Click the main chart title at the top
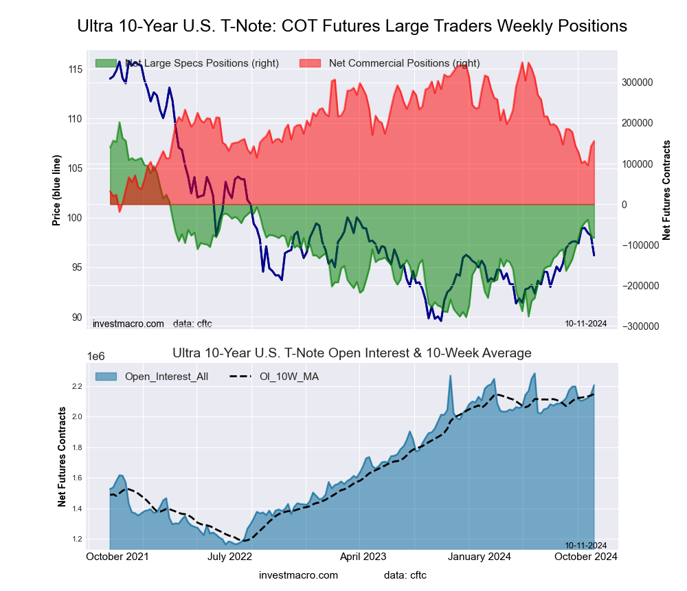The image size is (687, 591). [352, 26]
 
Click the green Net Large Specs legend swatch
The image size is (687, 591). [106, 63]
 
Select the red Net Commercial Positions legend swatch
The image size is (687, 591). [311, 63]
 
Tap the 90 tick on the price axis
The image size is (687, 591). [76, 317]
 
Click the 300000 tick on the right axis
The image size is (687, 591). [637, 82]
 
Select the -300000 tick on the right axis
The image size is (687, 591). [639, 326]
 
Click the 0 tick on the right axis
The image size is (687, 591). [624, 205]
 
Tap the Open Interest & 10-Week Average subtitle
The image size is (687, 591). [352, 353]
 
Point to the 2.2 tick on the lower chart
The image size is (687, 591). [76, 387]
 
